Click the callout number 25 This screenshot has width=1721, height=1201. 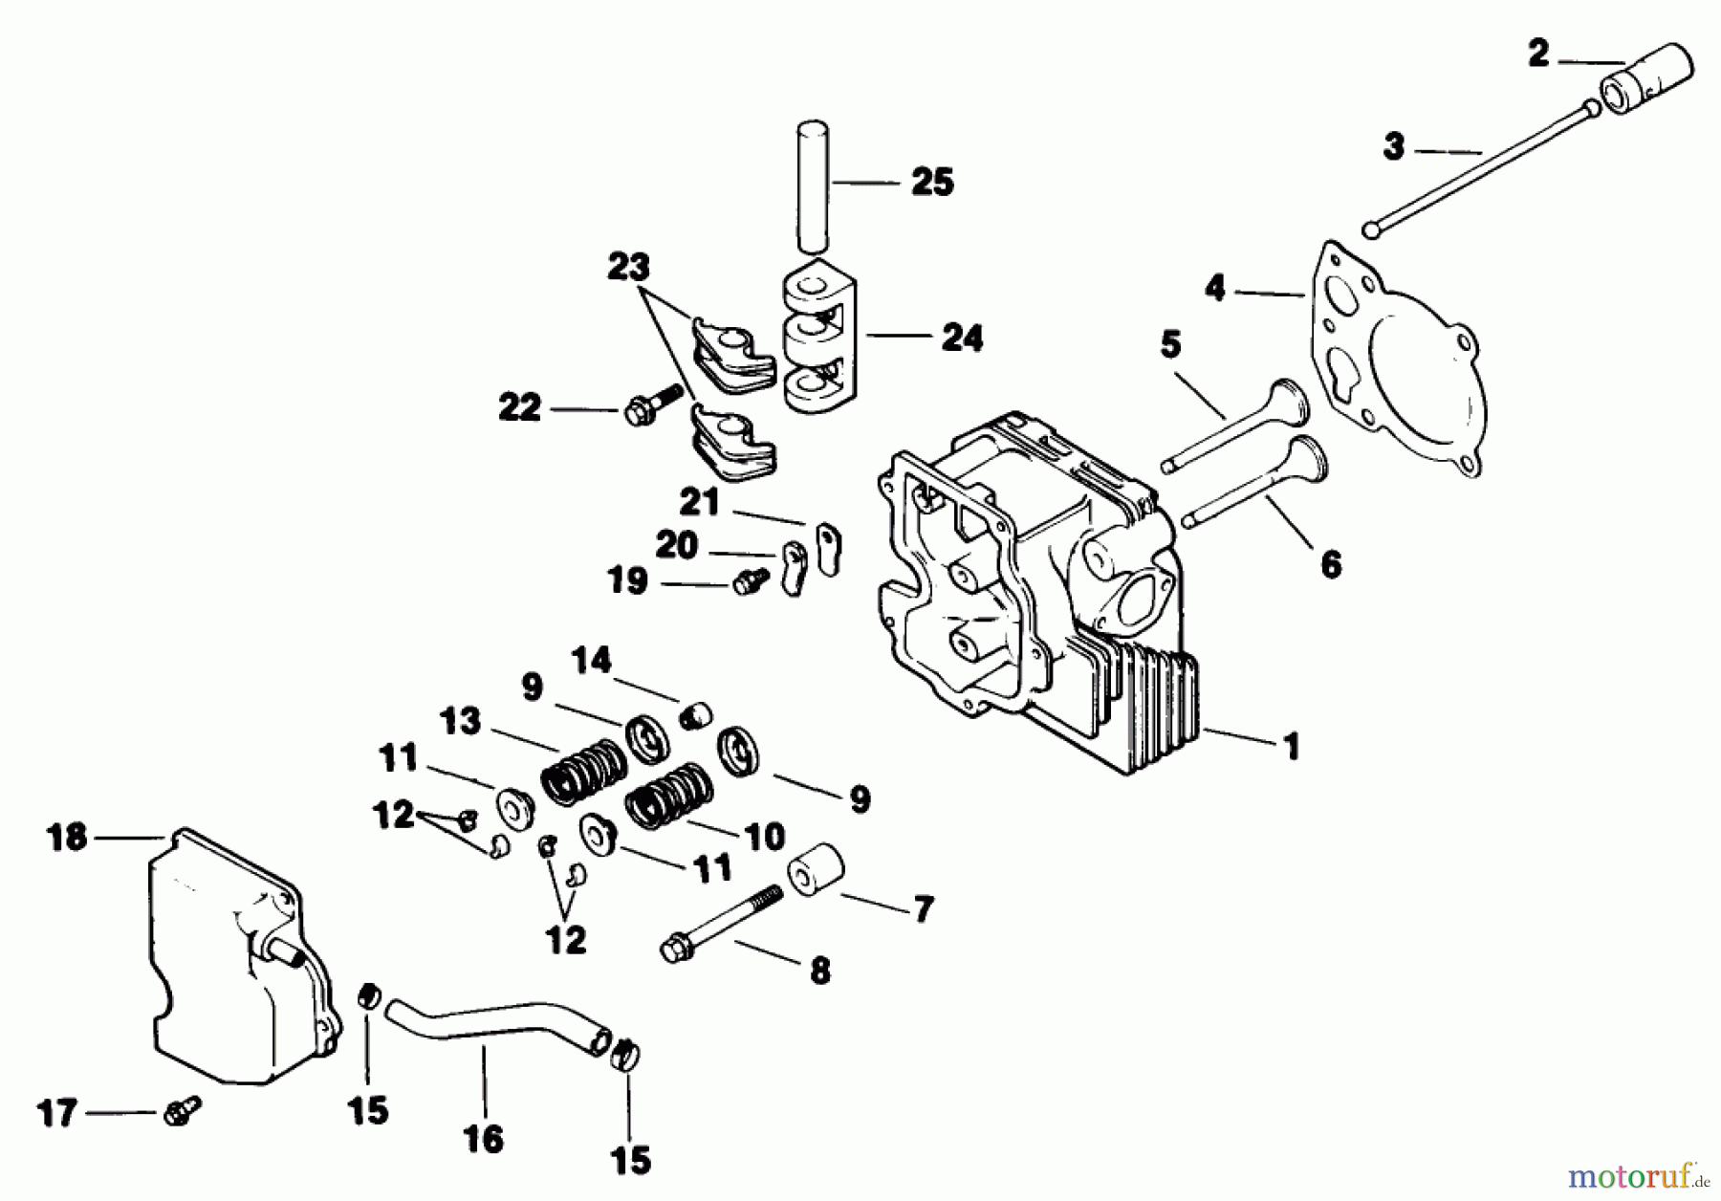[932, 181]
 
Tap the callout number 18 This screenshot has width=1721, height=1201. [67, 838]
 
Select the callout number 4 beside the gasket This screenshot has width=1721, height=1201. [1214, 288]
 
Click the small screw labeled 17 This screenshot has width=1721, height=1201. [182, 1110]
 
